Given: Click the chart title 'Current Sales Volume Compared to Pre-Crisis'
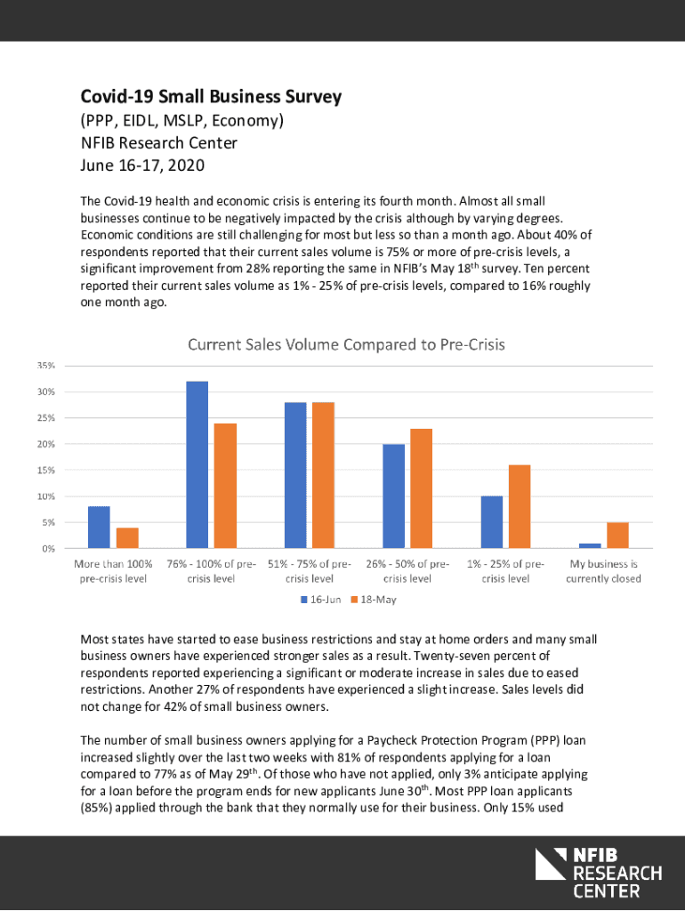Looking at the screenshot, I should point(351,343).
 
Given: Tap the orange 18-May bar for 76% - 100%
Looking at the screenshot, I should point(225,486).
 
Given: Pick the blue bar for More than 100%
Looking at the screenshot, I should point(99,527).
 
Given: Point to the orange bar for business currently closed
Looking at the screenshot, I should point(617,535).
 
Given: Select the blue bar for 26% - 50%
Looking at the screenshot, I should point(393,496).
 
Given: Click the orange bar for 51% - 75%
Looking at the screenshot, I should point(323,475).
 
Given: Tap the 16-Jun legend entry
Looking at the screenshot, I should point(319,600).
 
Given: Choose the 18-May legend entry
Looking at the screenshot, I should point(373,600).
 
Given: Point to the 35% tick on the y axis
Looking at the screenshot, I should point(46,366).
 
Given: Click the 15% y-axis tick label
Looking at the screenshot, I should point(46,470).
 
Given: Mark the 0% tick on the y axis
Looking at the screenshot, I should point(49,548).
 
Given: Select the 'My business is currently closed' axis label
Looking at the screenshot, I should point(603,571).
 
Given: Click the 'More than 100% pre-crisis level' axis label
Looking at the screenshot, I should point(113,571).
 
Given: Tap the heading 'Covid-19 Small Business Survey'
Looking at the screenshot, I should point(211,97).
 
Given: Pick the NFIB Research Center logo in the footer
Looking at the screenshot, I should point(598,872).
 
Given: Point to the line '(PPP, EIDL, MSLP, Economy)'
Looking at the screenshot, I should point(182,120).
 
